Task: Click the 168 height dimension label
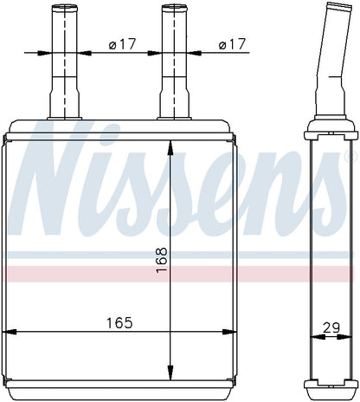click(x=162, y=259)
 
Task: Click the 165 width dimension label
click(x=119, y=323)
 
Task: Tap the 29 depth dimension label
click(x=331, y=328)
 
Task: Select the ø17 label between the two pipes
click(x=122, y=44)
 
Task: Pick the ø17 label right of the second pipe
click(x=232, y=44)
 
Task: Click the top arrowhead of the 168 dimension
click(x=170, y=148)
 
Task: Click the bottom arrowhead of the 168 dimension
click(x=170, y=373)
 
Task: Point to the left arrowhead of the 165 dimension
click(x=10, y=332)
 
